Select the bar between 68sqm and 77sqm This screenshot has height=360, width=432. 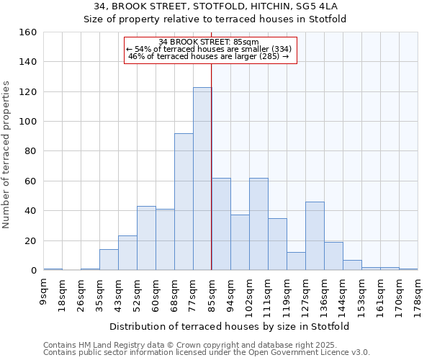tap(184, 202)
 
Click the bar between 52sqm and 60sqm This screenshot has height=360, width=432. tap(146, 238)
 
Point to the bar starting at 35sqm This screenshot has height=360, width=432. tap(109, 260)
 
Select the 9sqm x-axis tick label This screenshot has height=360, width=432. tap(43, 292)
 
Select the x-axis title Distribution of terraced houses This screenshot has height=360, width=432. tap(230, 326)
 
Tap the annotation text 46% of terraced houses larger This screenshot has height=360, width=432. tap(209, 56)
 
